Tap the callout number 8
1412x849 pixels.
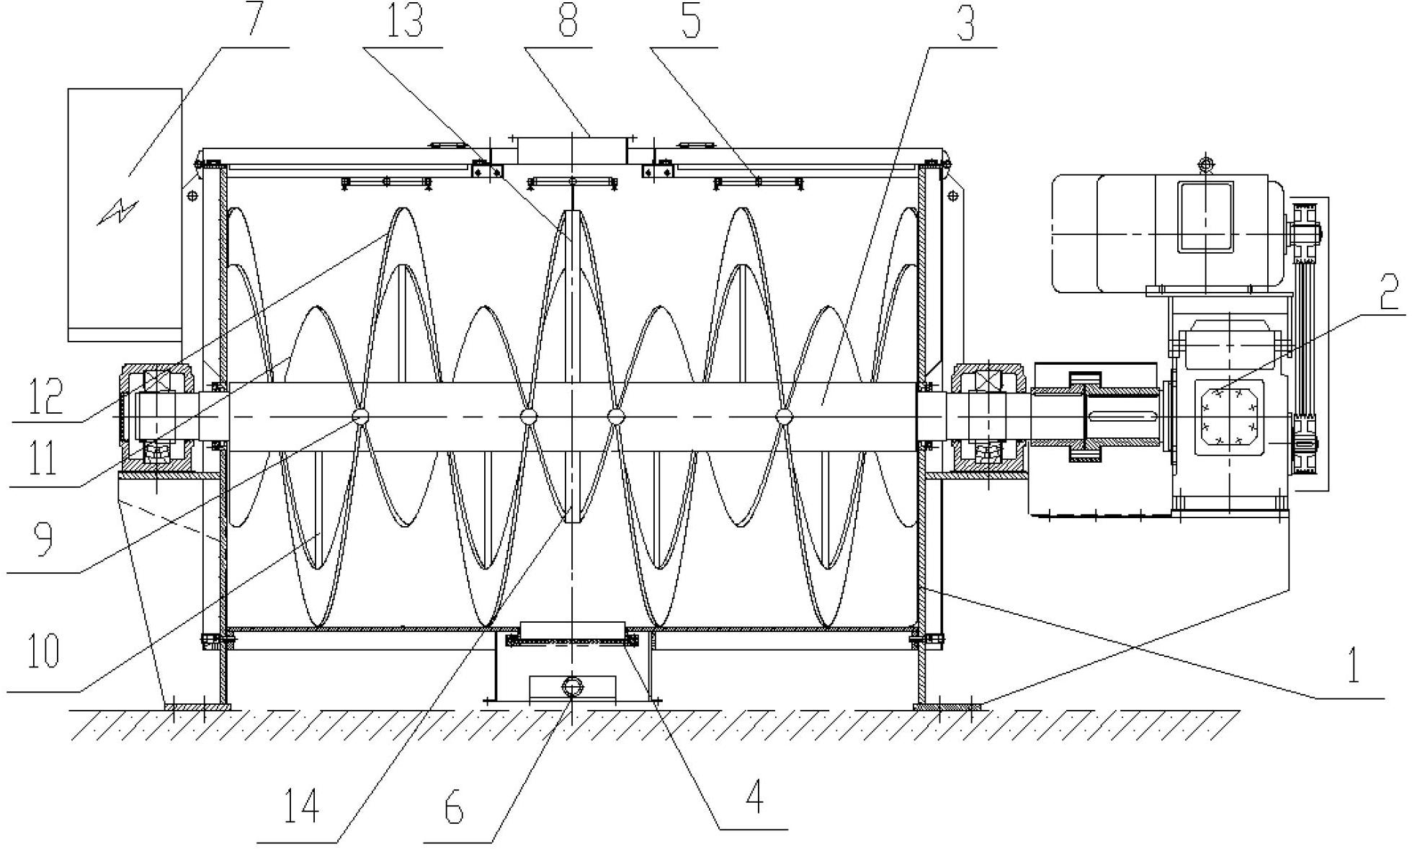568,20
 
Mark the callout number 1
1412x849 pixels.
1354,666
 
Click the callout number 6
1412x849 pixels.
454,809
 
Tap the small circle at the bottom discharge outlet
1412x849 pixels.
571,686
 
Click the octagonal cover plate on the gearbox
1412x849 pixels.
1229,419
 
